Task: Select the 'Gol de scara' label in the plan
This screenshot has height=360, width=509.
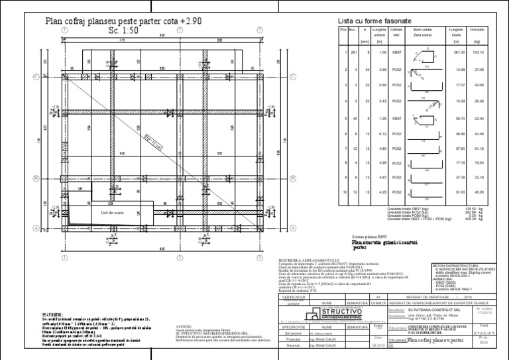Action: click(x=112, y=212)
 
